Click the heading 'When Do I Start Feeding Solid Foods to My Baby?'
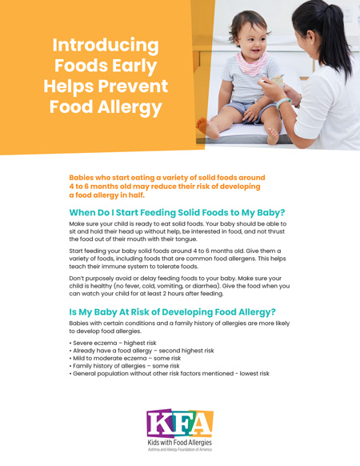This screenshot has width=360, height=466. (x=177, y=212)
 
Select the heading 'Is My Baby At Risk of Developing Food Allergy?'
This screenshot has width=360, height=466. (x=172, y=311)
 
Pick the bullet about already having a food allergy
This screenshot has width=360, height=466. (x=142, y=351)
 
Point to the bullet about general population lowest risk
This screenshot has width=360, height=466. (x=170, y=374)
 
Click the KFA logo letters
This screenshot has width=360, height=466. (x=179, y=423)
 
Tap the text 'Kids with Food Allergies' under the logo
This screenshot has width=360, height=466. (x=179, y=442)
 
